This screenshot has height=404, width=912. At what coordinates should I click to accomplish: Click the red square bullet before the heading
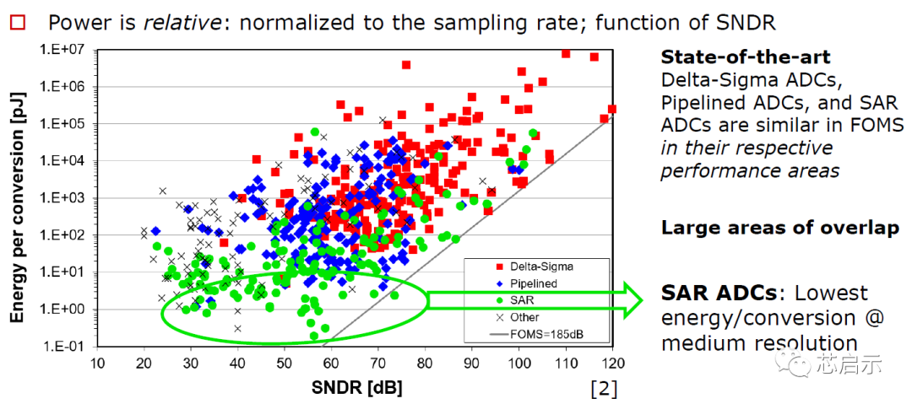[15, 24]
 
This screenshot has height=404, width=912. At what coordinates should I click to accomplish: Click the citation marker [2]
[604, 388]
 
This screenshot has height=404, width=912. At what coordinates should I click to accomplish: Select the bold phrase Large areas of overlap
[779, 228]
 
